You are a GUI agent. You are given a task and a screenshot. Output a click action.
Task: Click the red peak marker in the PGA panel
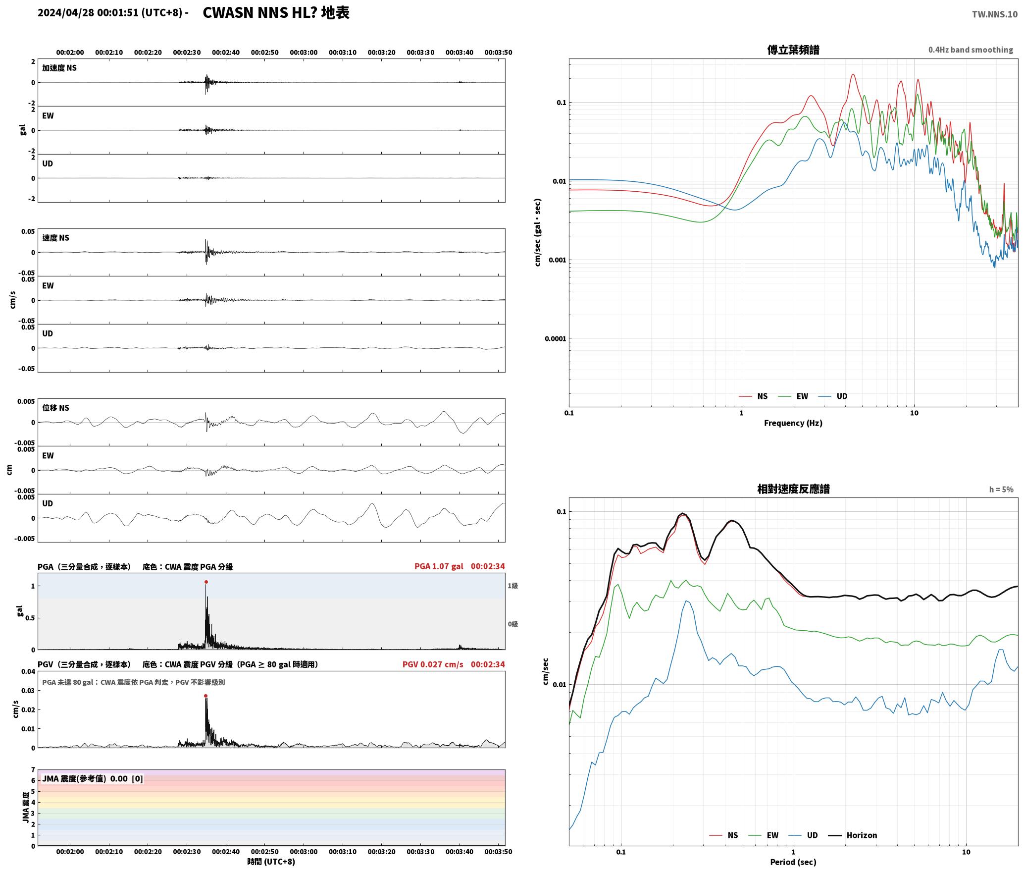tap(206, 582)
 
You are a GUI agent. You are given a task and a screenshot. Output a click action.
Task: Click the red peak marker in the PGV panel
tap(205, 696)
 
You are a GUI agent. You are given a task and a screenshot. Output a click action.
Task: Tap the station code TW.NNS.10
tap(995, 14)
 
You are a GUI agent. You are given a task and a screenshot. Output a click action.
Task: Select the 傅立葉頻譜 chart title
tap(793, 50)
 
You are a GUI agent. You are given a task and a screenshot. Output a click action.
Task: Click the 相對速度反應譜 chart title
tap(793, 489)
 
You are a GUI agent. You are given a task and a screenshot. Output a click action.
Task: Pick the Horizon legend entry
tap(853, 835)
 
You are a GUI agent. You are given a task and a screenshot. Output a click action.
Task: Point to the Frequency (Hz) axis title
tap(793, 423)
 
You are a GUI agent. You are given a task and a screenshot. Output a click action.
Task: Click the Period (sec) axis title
tap(793, 862)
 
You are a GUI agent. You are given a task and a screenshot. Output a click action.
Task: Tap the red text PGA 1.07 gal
tap(439, 566)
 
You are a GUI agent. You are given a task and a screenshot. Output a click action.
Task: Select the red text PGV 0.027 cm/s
tap(433, 664)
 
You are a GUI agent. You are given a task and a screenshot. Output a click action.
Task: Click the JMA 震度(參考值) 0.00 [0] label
tap(93, 779)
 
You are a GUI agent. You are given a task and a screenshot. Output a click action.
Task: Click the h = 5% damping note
tap(1001, 490)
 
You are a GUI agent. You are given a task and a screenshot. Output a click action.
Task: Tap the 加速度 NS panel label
tap(59, 68)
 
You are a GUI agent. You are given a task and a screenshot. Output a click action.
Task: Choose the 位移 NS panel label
tap(55, 408)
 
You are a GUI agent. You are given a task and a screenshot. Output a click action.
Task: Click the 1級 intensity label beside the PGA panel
tap(512, 586)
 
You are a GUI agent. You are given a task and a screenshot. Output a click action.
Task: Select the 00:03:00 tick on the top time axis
tap(304, 53)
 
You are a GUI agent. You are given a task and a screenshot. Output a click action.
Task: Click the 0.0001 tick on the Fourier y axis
tap(555, 339)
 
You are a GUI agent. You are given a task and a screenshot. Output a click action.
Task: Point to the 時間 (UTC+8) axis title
tap(271, 862)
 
